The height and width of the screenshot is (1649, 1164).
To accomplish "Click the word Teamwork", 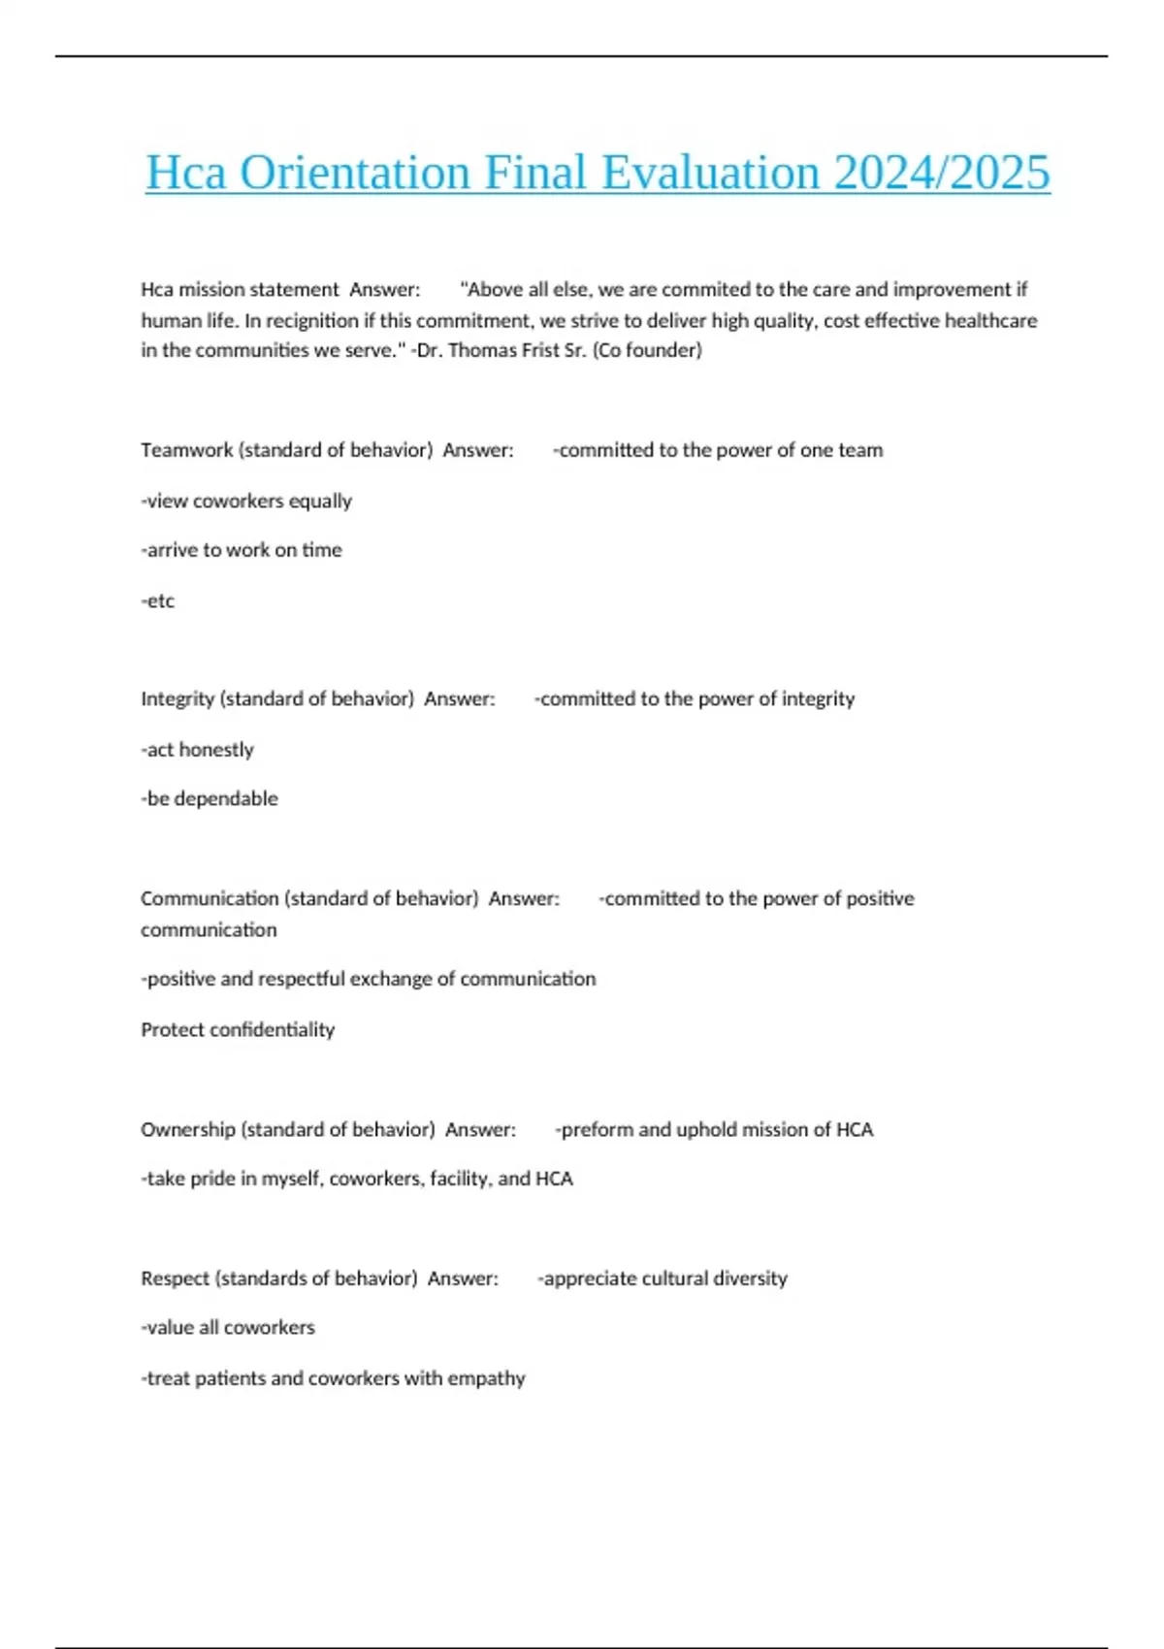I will tap(186, 450).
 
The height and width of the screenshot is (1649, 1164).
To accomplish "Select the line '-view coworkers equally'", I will tap(246, 501).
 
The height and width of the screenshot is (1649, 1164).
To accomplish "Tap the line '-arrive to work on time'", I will tap(242, 550).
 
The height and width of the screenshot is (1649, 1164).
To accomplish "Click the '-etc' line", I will tap(158, 601).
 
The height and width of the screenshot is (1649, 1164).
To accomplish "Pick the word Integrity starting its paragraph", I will tap(178, 699).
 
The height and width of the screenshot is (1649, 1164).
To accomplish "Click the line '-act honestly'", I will tap(198, 750).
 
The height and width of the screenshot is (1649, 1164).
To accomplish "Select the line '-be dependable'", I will tap(210, 799).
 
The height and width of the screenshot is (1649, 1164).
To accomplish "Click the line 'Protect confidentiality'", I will tap(238, 1030).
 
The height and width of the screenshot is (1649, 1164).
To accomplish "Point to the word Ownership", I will tap(187, 1130).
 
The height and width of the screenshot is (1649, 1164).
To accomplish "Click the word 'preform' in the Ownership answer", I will tap(597, 1130).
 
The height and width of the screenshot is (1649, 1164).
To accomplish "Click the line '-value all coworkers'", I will tap(228, 1328).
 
